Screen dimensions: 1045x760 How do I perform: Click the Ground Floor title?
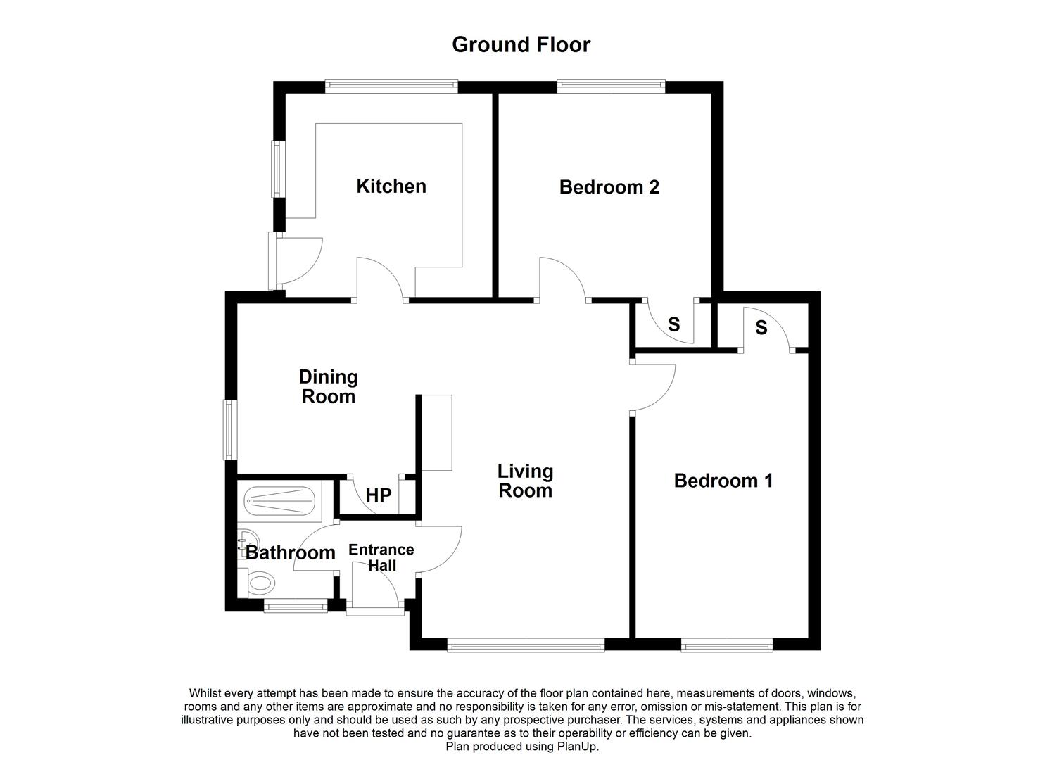click(x=521, y=45)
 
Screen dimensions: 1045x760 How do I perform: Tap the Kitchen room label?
click(x=391, y=186)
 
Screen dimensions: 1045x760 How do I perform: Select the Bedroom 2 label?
click(x=609, y=187)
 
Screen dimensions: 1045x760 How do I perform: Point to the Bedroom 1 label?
click(x=723, y=481)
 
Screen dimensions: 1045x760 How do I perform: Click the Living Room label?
click(x=525, y=481)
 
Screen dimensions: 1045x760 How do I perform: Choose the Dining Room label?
click(x=329, y=387)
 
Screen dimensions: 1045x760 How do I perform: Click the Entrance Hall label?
click(x=381, y=557)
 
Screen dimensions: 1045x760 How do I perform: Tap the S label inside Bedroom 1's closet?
click(x=761, y=327)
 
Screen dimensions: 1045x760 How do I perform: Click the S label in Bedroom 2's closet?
click(x=673, y=324)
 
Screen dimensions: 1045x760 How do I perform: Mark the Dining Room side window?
click(x=229, y=430)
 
